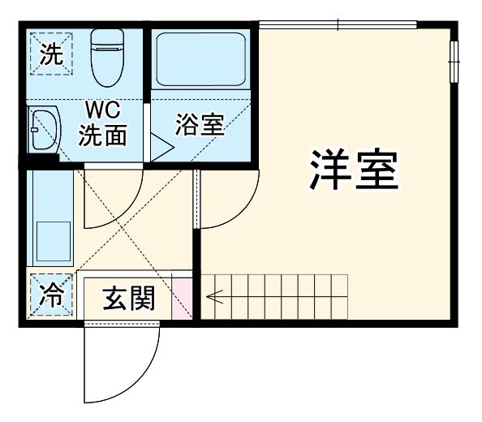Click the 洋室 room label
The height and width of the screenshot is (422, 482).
pyautogui.click(x=354, y=170)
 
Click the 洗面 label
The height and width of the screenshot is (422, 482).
pyautogui.click(x=103, y=135)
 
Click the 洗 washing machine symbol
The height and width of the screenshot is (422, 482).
pyautogui.click(x=49, y=55)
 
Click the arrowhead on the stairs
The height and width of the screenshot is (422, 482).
pyautogui.click(x=211, y=297)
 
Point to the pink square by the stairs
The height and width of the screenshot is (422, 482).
pyautogui.click(x=183, y=297)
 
